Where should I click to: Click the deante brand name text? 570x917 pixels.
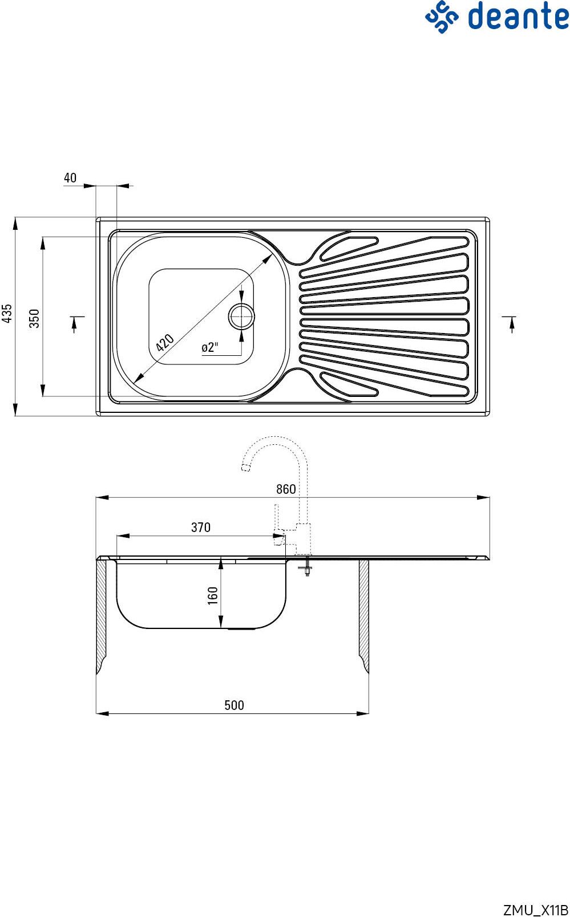click(519, 16)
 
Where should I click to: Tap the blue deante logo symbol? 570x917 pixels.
click(442, 17)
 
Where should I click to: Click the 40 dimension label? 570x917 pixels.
click(70, 178)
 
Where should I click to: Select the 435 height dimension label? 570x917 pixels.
click(7, 314)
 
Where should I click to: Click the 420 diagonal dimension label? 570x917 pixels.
click(165, 343)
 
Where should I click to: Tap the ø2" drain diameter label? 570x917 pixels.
click(209, 347)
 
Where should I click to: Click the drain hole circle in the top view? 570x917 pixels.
click(241, 317)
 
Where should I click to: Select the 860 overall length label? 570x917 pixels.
click(286, 489)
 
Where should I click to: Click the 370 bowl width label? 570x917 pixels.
click(201, 528)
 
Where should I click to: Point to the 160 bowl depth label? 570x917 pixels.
click(212, 595)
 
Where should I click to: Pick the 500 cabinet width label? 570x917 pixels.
click(235, 705)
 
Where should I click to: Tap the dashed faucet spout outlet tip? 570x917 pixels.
click(246, 468)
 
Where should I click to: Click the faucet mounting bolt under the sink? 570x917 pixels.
click(307, 567)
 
